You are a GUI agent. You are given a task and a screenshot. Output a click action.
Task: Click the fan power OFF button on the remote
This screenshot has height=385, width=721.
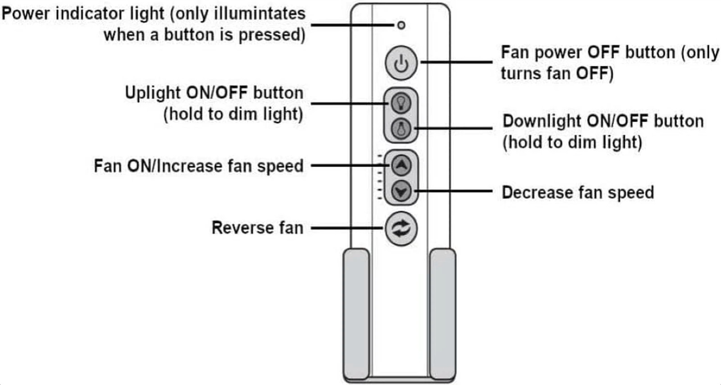401,63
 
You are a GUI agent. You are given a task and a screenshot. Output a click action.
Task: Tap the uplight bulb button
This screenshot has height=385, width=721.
400,103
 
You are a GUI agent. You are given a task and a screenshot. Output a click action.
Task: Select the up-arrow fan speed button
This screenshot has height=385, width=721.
401,165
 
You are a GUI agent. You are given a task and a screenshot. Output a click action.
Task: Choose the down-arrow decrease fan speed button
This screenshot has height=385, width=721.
401,192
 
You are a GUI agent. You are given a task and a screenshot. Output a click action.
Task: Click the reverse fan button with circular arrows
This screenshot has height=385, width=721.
401,229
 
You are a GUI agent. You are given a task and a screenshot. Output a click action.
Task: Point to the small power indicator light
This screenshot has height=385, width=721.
401,25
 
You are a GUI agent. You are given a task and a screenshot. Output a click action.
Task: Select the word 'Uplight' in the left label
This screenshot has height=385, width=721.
152,93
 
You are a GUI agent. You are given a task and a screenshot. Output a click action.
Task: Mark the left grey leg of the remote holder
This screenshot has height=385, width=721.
356,313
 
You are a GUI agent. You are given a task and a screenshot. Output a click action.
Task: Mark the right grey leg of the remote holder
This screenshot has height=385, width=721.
442,313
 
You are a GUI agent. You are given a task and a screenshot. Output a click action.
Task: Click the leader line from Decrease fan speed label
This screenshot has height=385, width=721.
455,192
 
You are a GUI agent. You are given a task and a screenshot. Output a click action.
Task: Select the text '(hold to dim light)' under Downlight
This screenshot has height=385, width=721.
572,142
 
